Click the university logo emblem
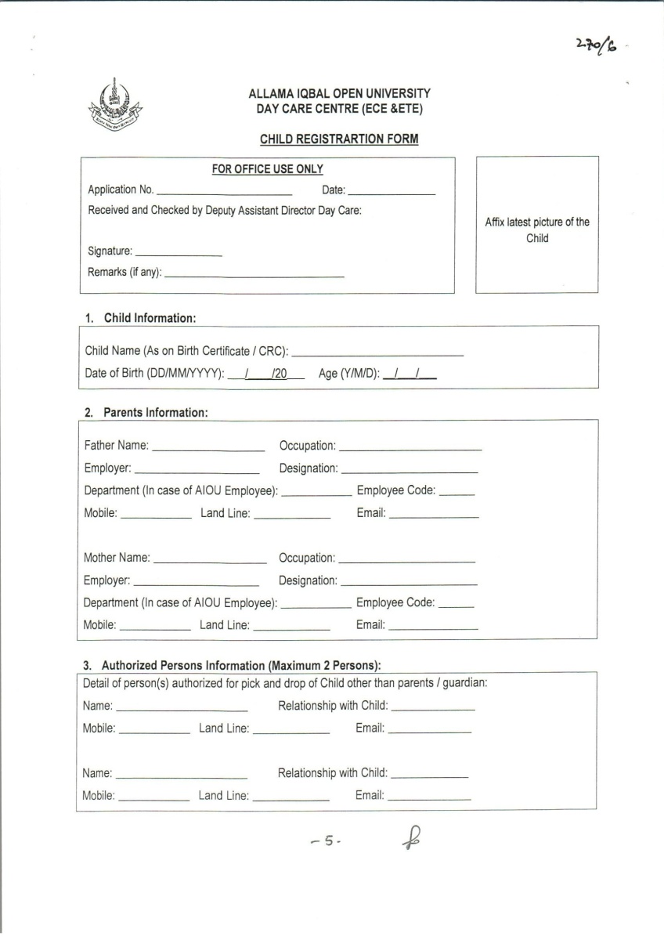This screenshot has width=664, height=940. click(115, 106)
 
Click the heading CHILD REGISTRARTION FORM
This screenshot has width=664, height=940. click(339, 139)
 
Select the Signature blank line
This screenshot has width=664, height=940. click(179, 255)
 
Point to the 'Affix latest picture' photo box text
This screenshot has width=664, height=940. click(537, 230)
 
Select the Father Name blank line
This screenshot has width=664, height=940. click(208, 451)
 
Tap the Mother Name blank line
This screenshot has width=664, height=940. click(210, 563)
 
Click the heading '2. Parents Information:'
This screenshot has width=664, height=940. click(146, 413)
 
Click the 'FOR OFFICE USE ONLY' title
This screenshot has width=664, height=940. click(268, 169)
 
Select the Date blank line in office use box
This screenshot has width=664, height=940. click(391, 193)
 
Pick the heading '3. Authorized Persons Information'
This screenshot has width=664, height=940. click(232, 666)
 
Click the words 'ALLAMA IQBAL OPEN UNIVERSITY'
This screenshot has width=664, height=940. click(339, 93)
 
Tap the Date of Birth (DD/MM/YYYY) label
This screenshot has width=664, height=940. click(154, 374)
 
